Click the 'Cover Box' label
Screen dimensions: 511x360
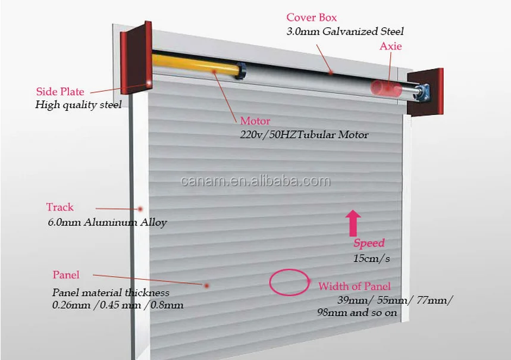click(311, 18)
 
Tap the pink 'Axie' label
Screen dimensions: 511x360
click(390, 46)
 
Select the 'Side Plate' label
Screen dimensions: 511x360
click(60, 92)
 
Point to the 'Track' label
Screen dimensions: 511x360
click(60, 207)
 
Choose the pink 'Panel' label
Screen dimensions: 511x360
click(66, 275)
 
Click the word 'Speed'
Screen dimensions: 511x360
click(369, 243)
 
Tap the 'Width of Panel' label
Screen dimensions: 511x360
click(354, 286)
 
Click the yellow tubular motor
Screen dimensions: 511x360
click(196, 66)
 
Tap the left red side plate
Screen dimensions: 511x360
click(135, 60)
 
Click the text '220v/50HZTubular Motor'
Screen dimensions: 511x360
click(304, 134)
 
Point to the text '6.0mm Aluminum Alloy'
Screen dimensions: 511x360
click(107, 223)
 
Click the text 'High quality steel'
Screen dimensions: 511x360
click(79, 105)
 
